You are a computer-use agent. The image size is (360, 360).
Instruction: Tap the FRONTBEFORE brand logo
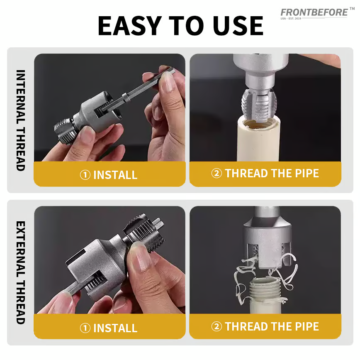click(314, 12)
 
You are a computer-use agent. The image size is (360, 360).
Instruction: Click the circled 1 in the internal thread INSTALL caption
click(85, 175)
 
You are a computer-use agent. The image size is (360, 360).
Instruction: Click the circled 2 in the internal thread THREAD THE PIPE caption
click(216, 173)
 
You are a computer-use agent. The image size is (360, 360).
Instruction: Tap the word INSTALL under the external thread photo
click(115, 328)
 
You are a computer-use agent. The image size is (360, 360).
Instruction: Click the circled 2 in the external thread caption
click(216, 326)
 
